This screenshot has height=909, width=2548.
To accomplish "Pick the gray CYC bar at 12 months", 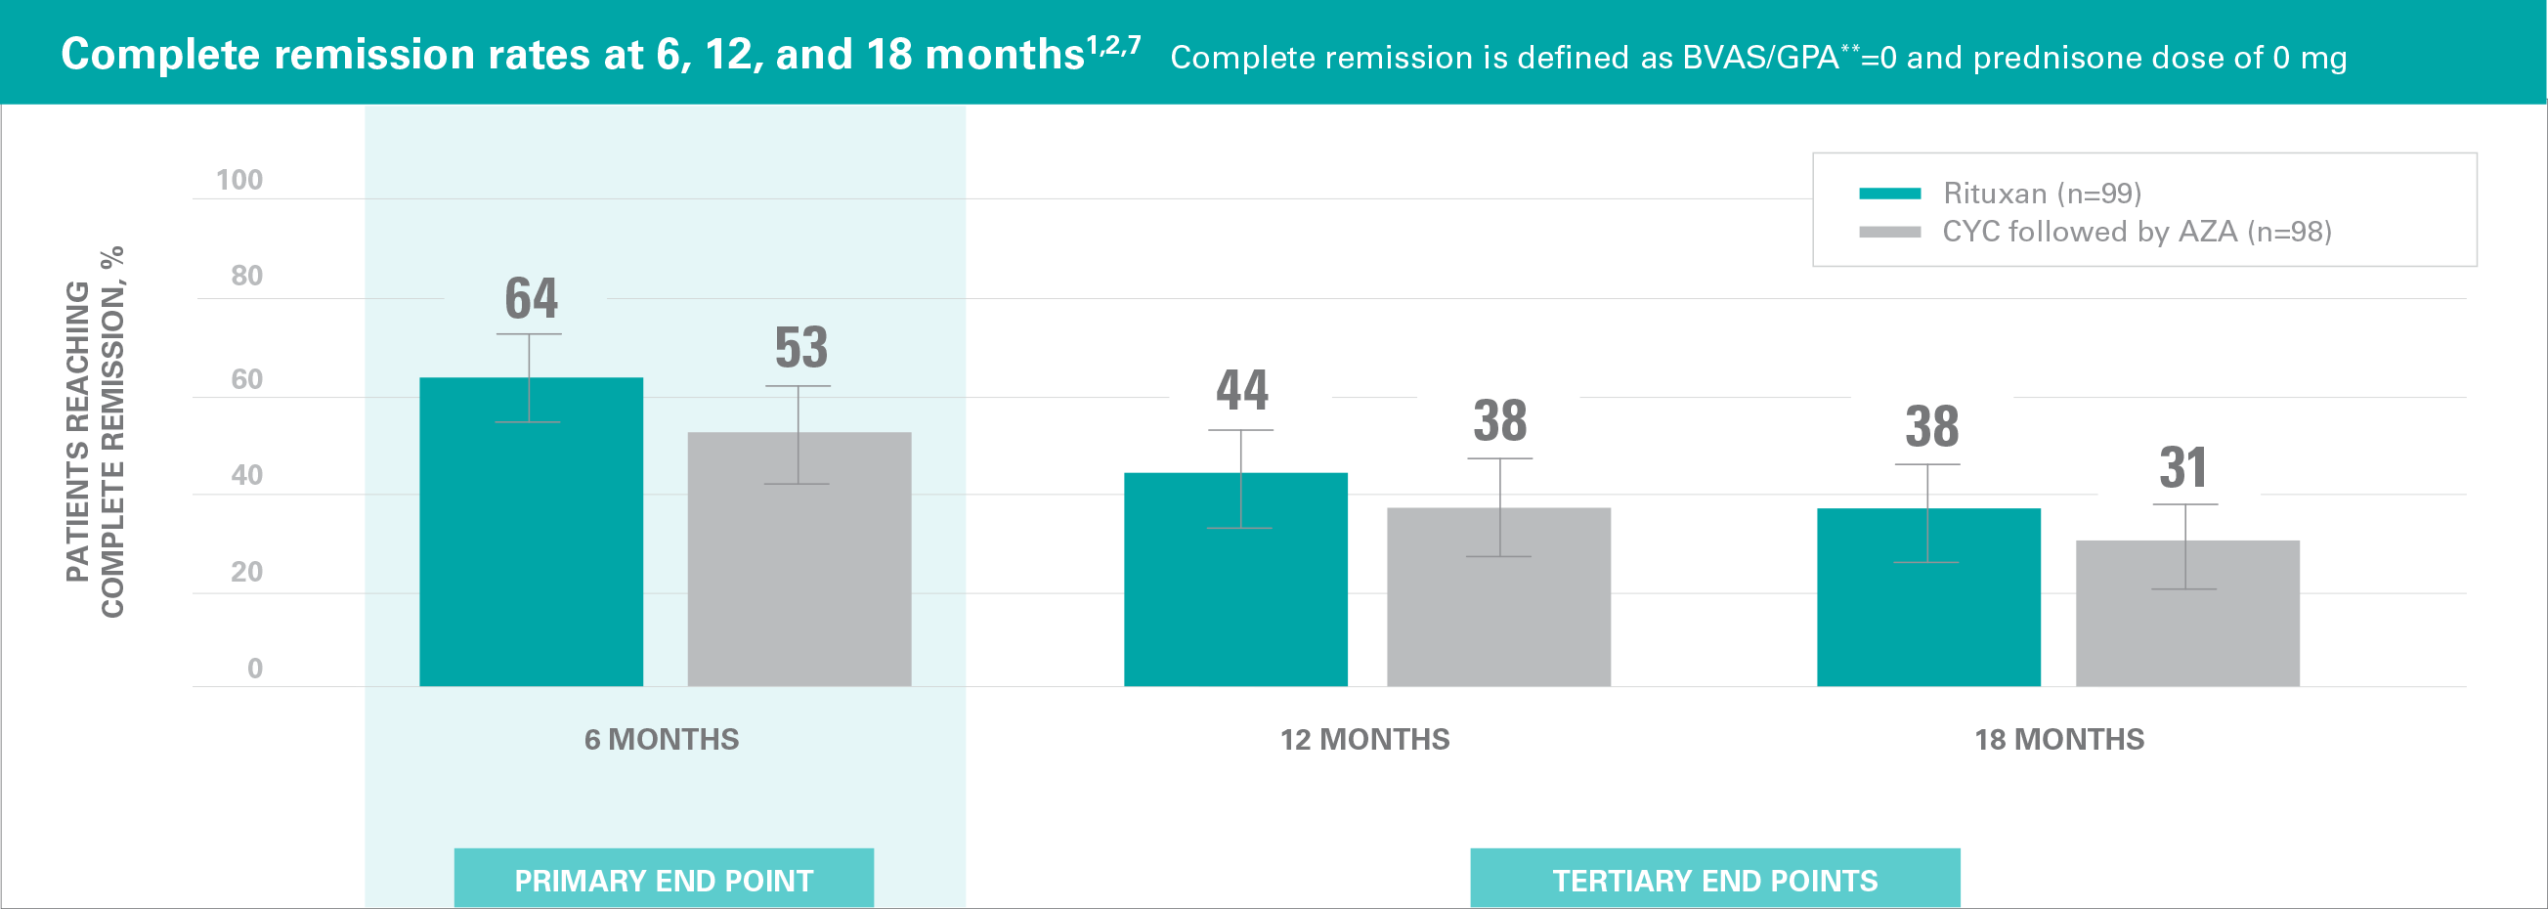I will (1498, 597).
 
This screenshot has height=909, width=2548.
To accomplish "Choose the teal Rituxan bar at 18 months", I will (1927, 597).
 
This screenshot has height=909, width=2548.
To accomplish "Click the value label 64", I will (531, 299).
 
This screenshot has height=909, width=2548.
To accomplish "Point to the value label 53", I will (801, 348).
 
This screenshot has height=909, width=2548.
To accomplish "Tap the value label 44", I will (1242, 391).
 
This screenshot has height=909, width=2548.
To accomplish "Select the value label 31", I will (2183, 468).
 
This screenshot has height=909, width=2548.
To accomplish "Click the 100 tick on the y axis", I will (239, 180).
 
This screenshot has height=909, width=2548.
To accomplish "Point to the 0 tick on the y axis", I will (254, 669).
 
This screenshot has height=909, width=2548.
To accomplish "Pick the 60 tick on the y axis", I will (246, 379).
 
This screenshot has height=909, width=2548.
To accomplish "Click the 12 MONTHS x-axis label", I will (1364, 740).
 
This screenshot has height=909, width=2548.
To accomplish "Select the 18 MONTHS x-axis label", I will (2059, 740).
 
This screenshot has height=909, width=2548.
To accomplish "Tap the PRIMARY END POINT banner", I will (664, 880).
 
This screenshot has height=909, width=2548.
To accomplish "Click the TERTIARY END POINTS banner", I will (1714, 880).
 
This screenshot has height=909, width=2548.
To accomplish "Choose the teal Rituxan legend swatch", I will (1889, 194).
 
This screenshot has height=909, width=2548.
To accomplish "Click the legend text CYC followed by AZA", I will (2137, 232).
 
